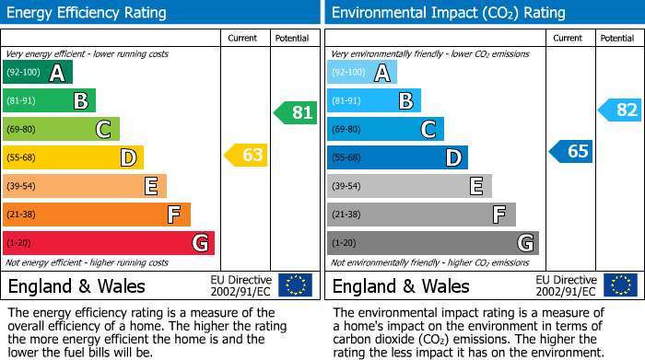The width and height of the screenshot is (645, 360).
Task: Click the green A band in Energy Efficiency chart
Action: [38, 73]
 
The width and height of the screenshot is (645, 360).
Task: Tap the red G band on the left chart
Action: [109, 243]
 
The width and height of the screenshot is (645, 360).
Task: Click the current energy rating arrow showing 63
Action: [246, 155]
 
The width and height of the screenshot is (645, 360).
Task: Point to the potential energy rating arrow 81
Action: [295, 113]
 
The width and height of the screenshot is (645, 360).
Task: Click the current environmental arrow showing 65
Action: [571, 151]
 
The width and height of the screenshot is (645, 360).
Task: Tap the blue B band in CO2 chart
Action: [374, 100]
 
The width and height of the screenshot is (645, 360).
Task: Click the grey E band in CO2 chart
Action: [409, 186]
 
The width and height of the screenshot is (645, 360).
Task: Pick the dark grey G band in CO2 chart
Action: [433, 243]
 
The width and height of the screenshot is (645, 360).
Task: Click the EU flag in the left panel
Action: [296, 285]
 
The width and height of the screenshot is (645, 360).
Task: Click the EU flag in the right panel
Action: [620, 285]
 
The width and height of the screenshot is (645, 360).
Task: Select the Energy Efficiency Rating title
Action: [88, 13]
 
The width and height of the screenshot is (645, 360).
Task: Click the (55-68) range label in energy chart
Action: [22, 158]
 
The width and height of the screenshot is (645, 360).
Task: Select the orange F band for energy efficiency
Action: [97, 215]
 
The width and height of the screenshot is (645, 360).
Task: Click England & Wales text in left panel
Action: [76, 285]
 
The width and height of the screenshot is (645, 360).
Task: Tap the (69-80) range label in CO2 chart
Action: [346, 130]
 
